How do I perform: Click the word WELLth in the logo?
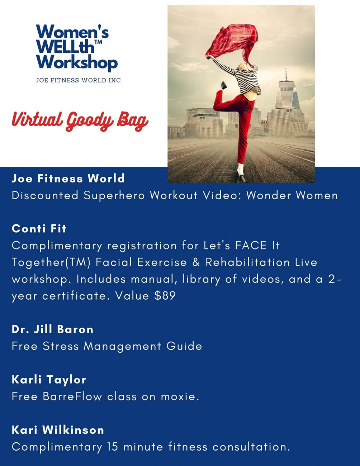(65, 46)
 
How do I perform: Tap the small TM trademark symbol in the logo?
(98, 42)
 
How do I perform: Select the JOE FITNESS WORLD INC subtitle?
(78, 80)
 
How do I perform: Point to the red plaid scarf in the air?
(233, 43)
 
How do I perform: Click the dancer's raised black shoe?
(224, 85)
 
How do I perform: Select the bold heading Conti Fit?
(39, 229)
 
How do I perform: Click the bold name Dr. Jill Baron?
(53, 329)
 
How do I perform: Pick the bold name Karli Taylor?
(49, 380)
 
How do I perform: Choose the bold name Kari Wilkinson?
(58, 430)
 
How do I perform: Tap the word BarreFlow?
(72, 396)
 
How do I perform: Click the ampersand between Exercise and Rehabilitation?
(196, 262)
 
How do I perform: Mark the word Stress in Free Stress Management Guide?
(61, 346)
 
